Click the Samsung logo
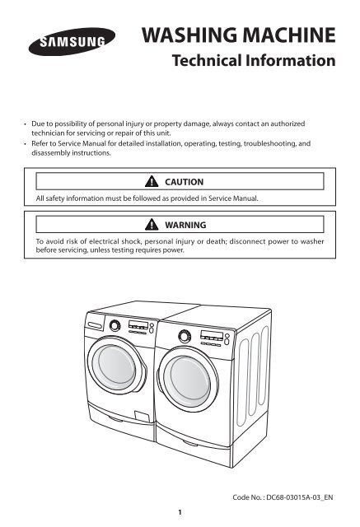[x=68, y=40]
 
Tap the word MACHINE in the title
[x=288, y=37]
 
